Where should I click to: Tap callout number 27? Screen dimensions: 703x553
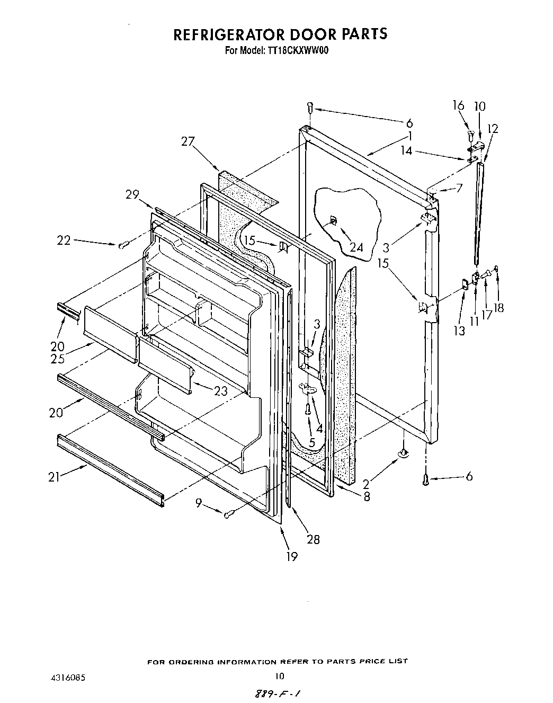(x=188, y=141)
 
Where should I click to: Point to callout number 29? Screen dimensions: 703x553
(x=132, y=194)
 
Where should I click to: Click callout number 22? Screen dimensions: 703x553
(x=64, y=240)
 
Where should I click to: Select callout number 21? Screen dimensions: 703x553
(x=53, y=477)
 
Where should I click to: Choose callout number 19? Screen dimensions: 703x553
(x=291, y=556)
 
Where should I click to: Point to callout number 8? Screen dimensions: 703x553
(x=367, y=496)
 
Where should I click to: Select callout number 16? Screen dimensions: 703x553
(x=458, y=106)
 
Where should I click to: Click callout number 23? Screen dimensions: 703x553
(x=220, y=391)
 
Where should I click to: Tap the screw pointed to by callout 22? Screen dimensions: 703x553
(x=123, y=245)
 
